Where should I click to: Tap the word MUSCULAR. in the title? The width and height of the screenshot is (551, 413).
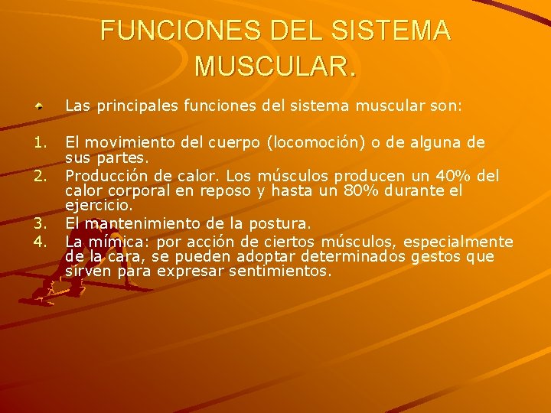275,66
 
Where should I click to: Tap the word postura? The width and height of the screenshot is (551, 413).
279,224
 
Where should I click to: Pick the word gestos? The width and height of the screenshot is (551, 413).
435,257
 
